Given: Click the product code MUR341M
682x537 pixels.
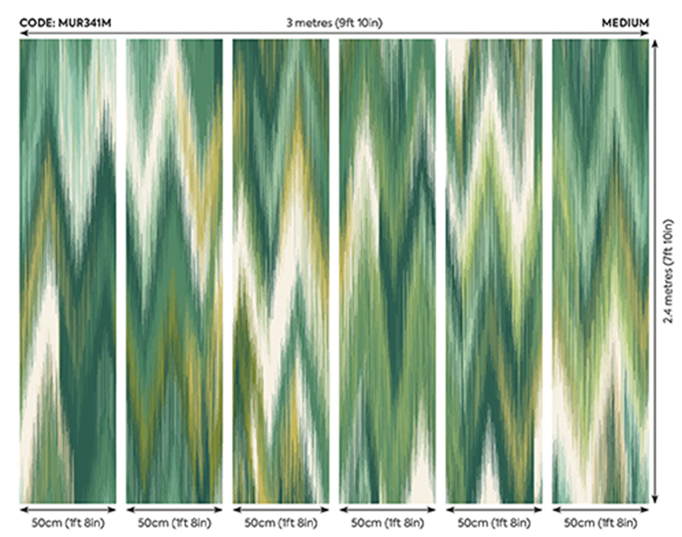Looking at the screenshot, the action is point(85,23).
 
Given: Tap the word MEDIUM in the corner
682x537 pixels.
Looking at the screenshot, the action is point(625,23).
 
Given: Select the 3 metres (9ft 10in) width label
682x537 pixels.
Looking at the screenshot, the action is point(334,23).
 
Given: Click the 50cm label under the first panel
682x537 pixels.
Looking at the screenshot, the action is point(68,523).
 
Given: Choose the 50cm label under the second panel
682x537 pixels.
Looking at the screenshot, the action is point(174,523).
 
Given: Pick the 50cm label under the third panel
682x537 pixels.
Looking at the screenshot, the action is point(281,523).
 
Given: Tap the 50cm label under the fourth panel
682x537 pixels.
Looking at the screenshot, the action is point(387,523).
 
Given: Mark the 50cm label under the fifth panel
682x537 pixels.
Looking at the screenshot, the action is point(494,523).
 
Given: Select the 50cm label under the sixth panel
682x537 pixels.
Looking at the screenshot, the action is point(600,523).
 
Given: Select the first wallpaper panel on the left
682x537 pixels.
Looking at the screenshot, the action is point(68,271).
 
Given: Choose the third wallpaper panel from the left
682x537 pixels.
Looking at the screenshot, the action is point(281,271).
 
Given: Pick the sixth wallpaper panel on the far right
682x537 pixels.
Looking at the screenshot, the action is point(601,271).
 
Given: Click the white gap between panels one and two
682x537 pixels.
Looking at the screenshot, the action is point(121,271).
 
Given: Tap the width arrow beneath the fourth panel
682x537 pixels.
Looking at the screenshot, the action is point(387,510).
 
